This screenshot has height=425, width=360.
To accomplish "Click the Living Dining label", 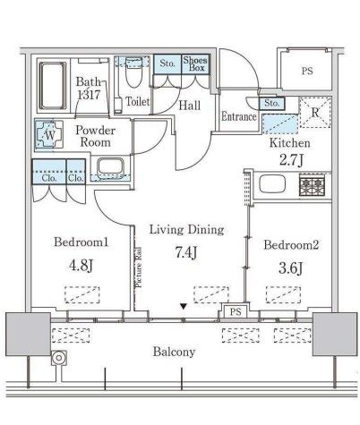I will click(186, 229).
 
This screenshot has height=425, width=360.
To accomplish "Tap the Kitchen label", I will click(289, 142).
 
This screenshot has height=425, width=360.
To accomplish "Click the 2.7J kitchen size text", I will click(289, 161).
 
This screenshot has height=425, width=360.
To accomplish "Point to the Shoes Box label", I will click(195, 64).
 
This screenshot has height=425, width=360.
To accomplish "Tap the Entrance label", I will click(239, 116).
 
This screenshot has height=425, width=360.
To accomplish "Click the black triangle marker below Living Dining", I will click(184, 306).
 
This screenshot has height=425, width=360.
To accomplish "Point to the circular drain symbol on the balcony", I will click(59, 360).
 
